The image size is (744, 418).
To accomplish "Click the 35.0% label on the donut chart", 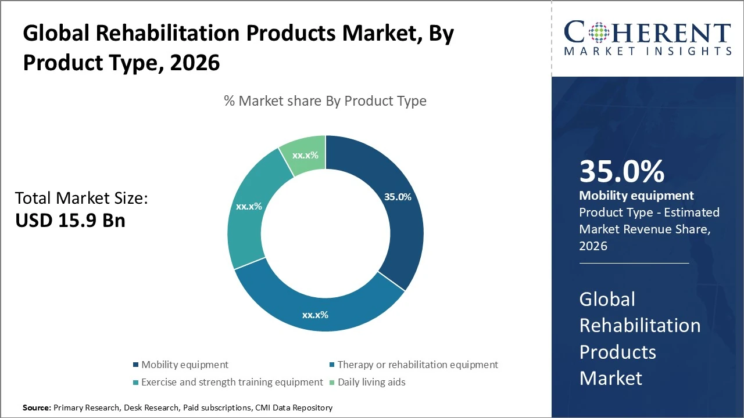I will tap(398, 197).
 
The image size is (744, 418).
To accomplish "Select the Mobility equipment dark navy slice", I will tap(401, 226).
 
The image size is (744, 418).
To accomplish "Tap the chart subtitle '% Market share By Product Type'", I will tap(325, 101).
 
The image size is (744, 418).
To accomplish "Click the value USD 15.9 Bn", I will tap(70, 220).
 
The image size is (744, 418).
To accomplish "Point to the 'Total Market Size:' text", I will tap(81, 199).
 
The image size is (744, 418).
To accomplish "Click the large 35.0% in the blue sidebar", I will tap(621, 172).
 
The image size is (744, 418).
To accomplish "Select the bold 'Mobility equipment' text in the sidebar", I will tap(636, 196).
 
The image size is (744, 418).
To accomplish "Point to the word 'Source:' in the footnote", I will tap(37, 408).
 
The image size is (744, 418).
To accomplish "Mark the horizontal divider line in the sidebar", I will tap(634, 263).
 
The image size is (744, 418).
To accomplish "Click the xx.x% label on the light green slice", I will tap(304, 156).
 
